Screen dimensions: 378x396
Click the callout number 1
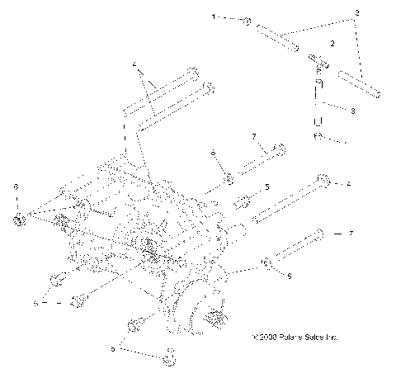[214, 17]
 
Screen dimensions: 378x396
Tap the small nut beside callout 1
[247, 21]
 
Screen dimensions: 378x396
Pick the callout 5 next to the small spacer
[266, 188]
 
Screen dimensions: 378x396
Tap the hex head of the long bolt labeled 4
[324, 181]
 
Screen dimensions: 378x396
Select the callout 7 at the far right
[351, 234]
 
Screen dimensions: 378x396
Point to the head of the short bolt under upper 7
[280, 150]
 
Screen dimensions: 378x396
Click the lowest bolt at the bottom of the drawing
[171, 357]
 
